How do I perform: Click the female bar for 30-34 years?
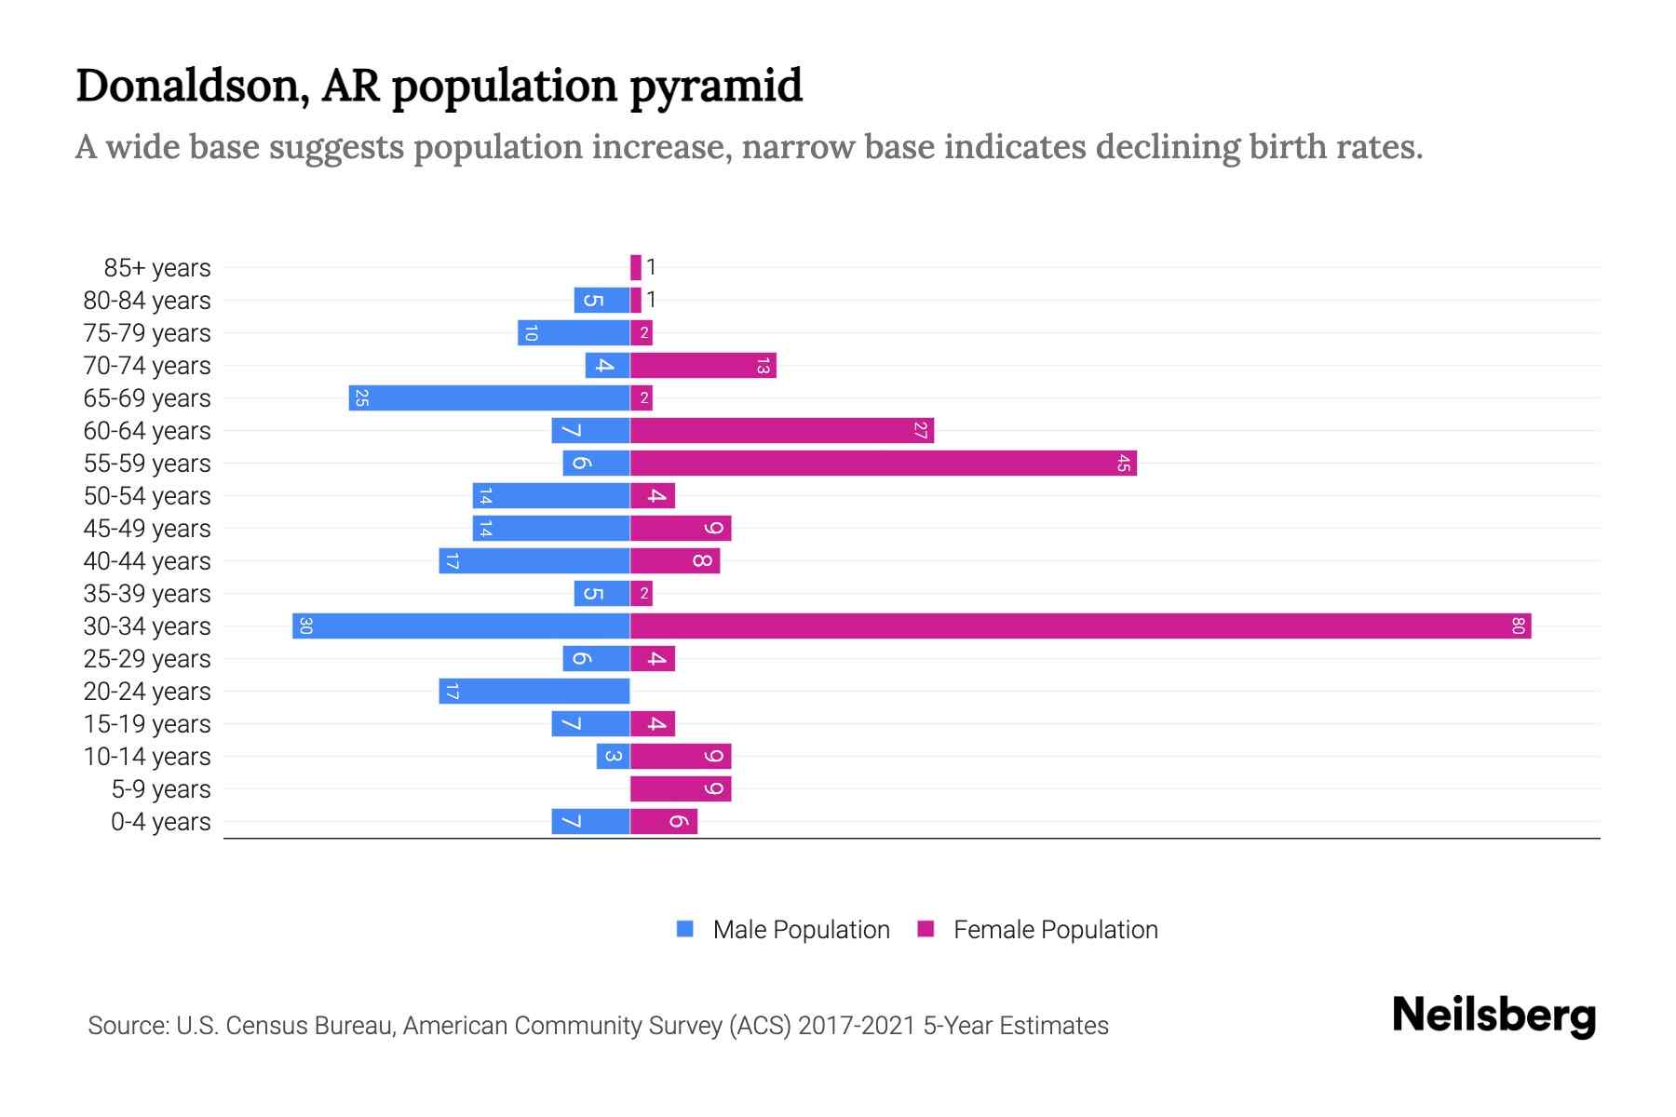[1080, 626]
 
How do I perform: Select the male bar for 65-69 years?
[490, 398]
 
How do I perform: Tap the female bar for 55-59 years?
[883, 463]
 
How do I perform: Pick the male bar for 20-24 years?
[534, 691]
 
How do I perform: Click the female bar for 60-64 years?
[782, 430]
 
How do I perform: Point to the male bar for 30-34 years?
[461, 626]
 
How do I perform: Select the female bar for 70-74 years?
[703, 365]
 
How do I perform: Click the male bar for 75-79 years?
[574, 332]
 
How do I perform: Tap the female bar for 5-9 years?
[681, 788]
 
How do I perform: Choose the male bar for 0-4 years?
[590, 821]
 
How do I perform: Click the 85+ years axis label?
[157, 268]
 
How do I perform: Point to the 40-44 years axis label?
[147, 561]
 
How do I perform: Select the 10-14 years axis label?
[147, 757]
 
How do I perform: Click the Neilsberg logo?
[1494, 1015]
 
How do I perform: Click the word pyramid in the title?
[715, 86]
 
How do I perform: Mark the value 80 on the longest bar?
[1517, 626]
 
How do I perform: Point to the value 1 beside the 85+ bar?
[652, 267]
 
